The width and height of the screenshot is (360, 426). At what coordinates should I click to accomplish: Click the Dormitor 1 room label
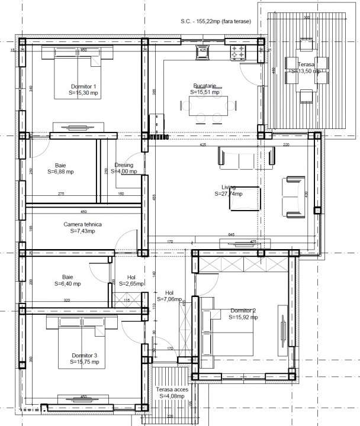pyautogui.click(x=83, y=86)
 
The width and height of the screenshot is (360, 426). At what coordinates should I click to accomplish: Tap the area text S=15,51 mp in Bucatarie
pyautogui.click(x=205, y=92)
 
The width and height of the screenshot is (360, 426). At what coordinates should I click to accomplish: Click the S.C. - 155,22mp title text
pyautogui.click(x=216, y=21)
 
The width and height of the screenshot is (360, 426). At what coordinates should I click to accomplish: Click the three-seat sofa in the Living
pyautogui.click(x=247, y=156)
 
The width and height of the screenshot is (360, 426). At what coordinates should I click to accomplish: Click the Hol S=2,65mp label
pyautogui.click(x=131, y=280)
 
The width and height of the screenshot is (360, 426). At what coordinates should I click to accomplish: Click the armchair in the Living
pyautogui.click(x=294, y=196)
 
